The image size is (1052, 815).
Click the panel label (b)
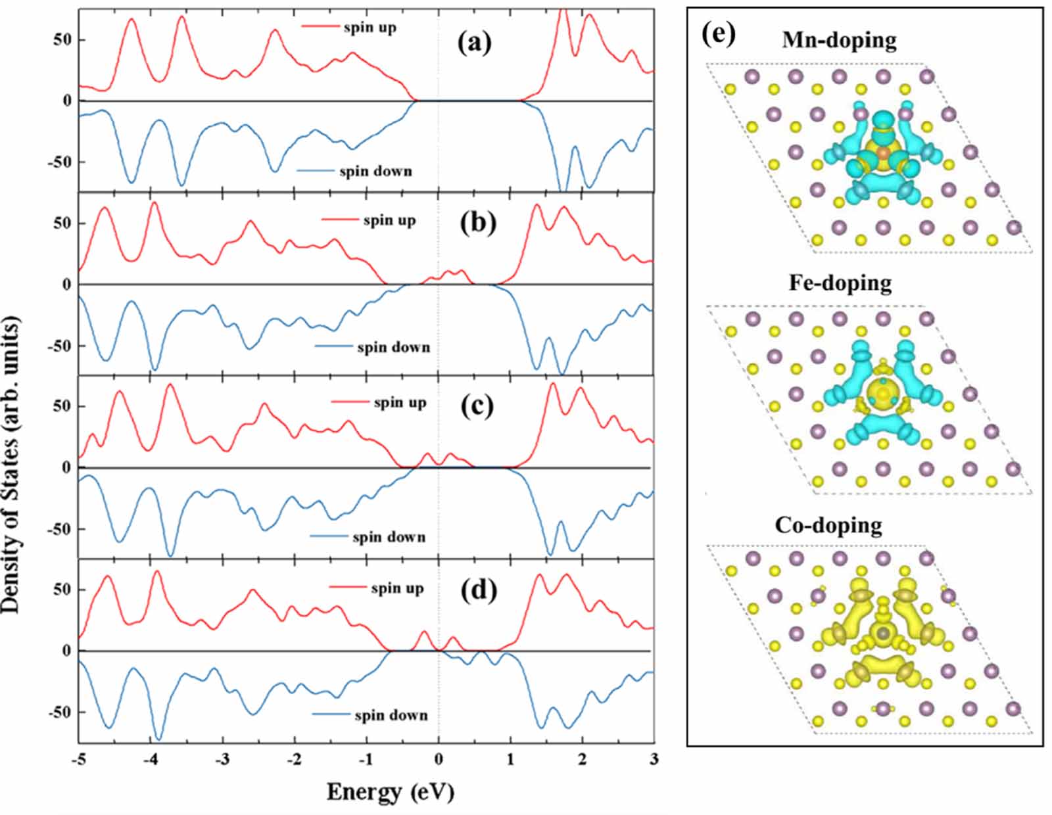pos(478,223)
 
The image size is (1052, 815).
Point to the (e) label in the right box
pos(718,33)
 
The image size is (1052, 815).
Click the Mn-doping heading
pos(839,41)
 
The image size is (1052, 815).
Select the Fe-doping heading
pos(840,283)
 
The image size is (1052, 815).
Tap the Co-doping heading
pos(828,525)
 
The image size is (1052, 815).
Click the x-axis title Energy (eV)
pos(390,792)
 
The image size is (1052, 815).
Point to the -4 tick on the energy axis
pos(151,760)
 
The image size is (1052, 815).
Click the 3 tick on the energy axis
pos(654,760)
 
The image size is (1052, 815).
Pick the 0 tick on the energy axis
pos(439,760)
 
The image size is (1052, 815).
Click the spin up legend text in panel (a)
pos(370,28)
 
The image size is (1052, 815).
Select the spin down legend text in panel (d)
pos(391,715)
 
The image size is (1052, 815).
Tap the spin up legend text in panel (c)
pos(400,402)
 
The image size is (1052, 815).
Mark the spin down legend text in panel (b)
pos(393,347)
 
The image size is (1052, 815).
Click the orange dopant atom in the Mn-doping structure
pos(883,153)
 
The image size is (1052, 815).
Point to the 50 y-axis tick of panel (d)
pos(63,590)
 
